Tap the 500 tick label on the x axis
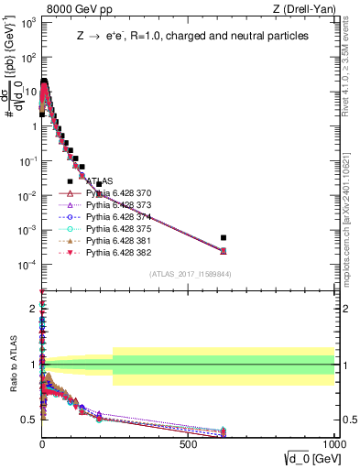pos(189,442)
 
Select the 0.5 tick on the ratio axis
pos(29,420)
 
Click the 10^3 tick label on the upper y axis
pos(27,24)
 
